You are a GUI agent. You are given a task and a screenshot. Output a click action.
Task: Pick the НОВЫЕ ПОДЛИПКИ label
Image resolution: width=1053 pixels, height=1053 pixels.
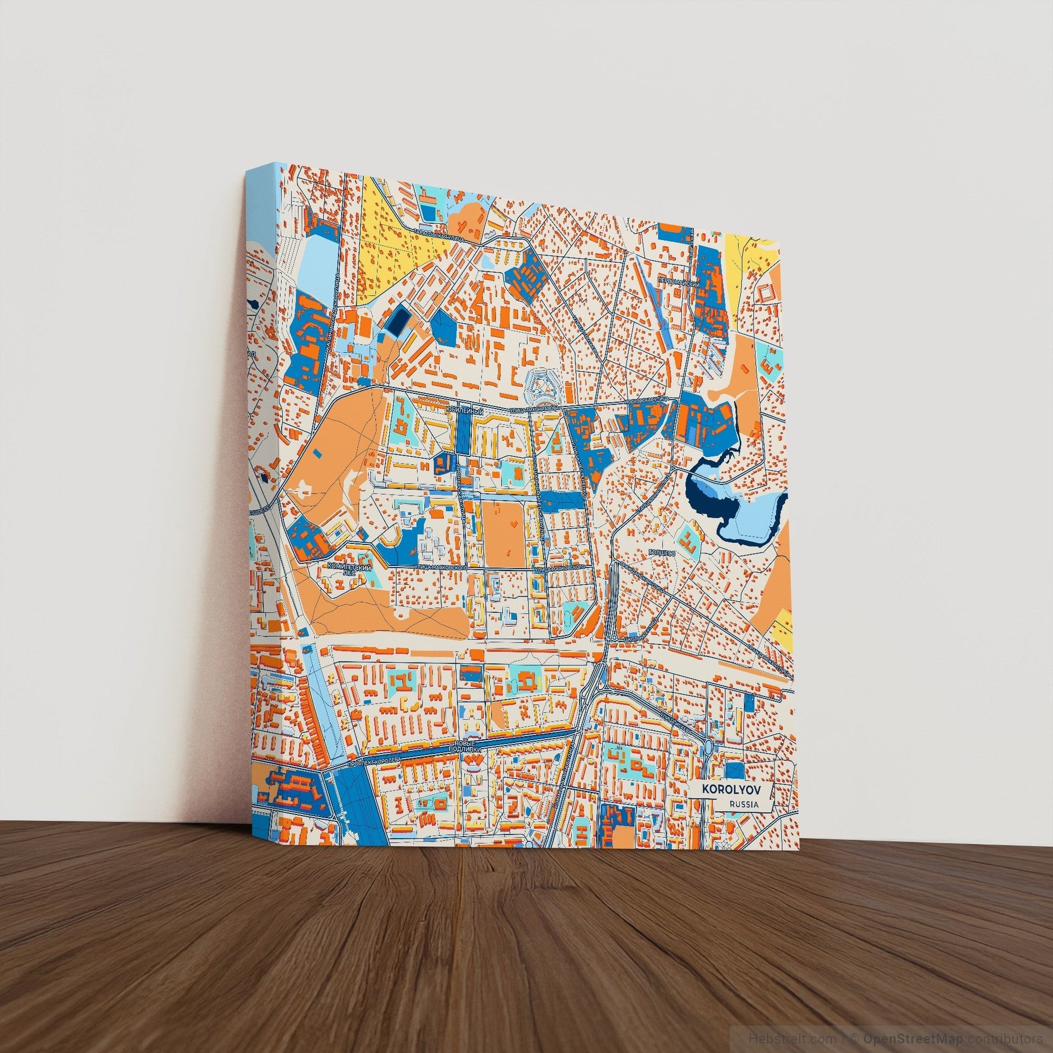tap(469, 747)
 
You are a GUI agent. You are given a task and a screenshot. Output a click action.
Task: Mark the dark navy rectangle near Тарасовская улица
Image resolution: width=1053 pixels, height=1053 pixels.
tap(397, 321)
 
